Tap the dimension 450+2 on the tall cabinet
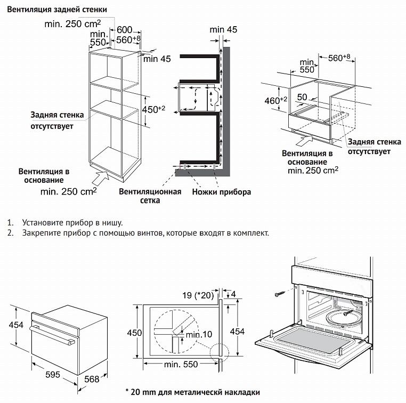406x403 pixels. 155,109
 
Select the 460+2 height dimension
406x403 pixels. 275,100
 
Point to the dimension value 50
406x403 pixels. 302,97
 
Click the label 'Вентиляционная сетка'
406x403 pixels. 150,196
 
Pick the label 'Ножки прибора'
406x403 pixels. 222,192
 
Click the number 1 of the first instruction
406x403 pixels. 10,222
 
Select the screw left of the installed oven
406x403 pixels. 281,292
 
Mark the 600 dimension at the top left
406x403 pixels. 124,30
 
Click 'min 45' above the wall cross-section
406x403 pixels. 223,30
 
